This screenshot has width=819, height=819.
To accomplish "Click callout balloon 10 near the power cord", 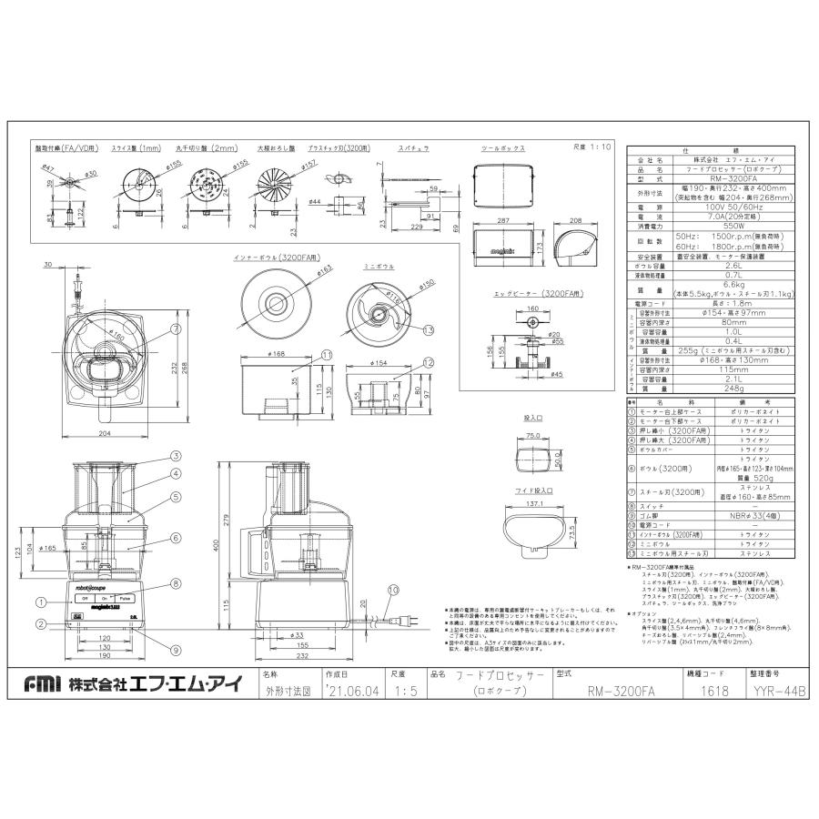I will (x=392, y=591).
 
